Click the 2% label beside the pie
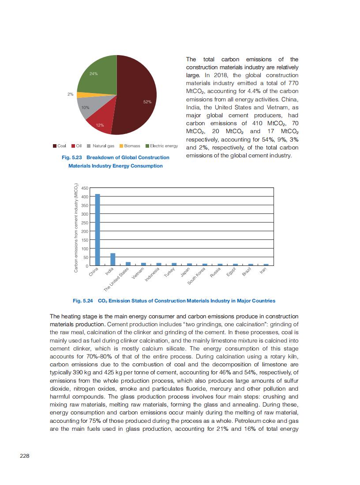pyautogui.click(x=71, y=94)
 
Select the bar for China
pyautogui.click(x=97, y=230)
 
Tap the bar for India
pyautogui.click(x=113, y=259)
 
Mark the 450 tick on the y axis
pyautogui.click(x=85, y=188)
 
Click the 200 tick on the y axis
pyautogui.click(x=85, y=231)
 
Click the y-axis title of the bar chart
pyautogui.click(x=76, y=227)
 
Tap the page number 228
pyautogui.click(x=25, y=456)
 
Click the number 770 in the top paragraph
pyautogui.click(x=292, y=83)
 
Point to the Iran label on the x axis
pyautogui.click(x=262, y=269)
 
